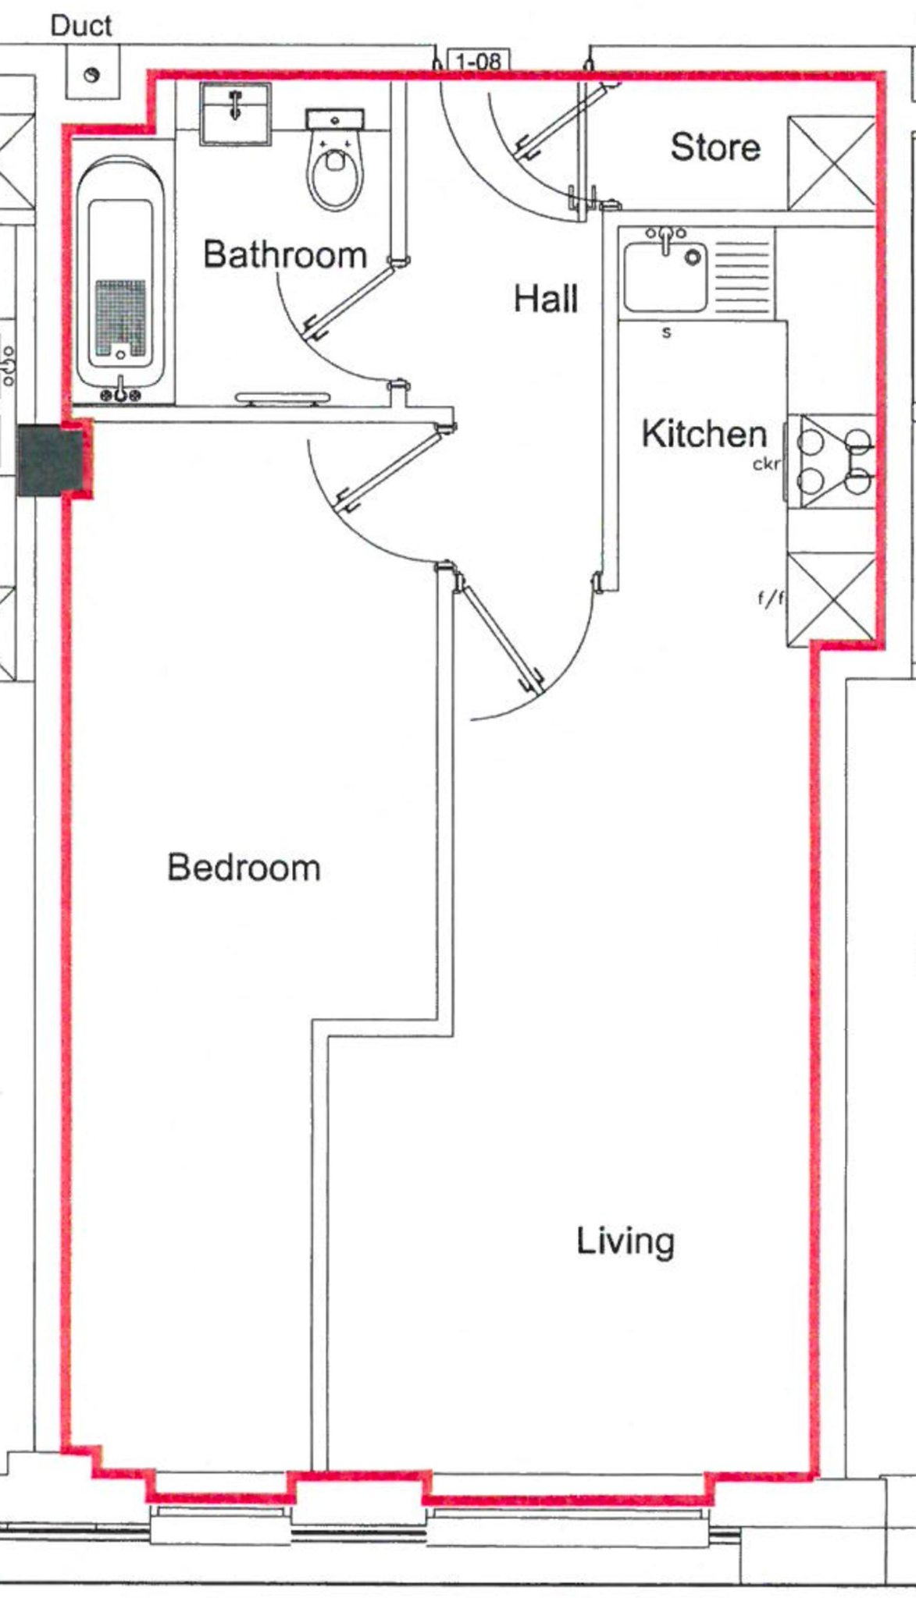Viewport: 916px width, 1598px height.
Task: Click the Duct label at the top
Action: point(81,26)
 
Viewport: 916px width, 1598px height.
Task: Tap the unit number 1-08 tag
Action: point(478,61)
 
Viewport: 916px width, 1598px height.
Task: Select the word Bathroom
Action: point(284,254)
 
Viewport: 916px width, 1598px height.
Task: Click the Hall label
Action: point(545,299)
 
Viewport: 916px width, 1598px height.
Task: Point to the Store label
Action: point(715,147)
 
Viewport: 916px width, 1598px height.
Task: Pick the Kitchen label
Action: point(704,434)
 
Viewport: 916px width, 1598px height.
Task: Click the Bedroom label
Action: point(244,868)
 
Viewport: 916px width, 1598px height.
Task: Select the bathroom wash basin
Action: point(235,114)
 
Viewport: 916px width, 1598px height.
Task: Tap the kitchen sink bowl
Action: point(664,277)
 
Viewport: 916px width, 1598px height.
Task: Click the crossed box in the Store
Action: point(831,163)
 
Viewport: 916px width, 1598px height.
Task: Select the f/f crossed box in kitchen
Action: point(831,599)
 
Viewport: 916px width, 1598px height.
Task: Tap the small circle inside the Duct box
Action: point(92,75)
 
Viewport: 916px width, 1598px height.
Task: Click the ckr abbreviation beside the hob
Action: point(766,464)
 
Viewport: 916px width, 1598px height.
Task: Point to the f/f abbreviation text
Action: point(770,598)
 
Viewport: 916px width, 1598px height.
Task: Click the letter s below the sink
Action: point(666,332)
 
